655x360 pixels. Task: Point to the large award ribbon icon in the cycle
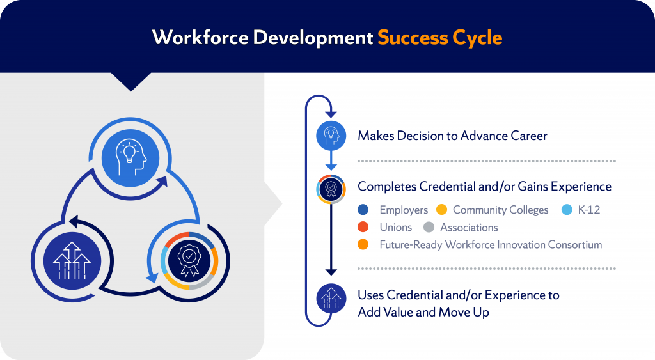(190, 259)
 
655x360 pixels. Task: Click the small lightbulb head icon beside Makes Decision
(331, 135)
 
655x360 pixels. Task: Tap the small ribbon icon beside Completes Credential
(331, 189)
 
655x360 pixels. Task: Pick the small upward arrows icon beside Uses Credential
(331, 299)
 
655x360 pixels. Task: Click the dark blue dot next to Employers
(364, 210)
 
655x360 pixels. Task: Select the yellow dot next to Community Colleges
(441, 210)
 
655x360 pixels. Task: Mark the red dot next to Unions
(364, 227)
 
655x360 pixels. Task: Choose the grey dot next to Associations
(429, 227)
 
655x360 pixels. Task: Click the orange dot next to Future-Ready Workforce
(364, 244)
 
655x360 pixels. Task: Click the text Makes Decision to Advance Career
(452, 136)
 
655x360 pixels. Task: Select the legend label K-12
(588, 210)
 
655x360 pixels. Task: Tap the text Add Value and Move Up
(423, 312)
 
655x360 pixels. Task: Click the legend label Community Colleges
(500, 210)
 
